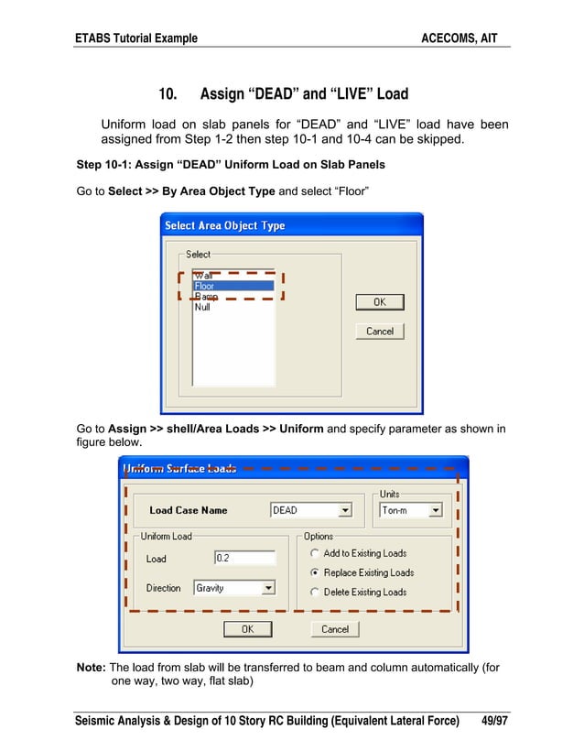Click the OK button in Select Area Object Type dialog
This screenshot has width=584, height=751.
coord(379,302)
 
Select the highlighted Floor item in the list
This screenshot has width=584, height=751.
coord(233,286)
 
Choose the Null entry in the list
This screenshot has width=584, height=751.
coord(202,308)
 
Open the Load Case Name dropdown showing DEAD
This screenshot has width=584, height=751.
coord(344,510)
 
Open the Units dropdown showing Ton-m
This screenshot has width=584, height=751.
coord(435,510)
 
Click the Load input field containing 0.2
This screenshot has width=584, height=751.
coord(244,558)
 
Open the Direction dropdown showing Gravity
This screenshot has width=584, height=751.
coord(268,588)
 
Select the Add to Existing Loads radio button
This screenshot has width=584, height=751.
coord(315,553)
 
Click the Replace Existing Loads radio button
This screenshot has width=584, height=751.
coord(315,572)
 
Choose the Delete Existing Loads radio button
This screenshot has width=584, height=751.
coord(315,592)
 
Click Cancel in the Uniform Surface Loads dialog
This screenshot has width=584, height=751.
coord(335,629)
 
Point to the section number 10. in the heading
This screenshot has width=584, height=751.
coord(168,94)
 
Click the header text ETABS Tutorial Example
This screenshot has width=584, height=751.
coord(136,38)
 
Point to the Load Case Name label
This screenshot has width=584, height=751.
coord(189,510)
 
